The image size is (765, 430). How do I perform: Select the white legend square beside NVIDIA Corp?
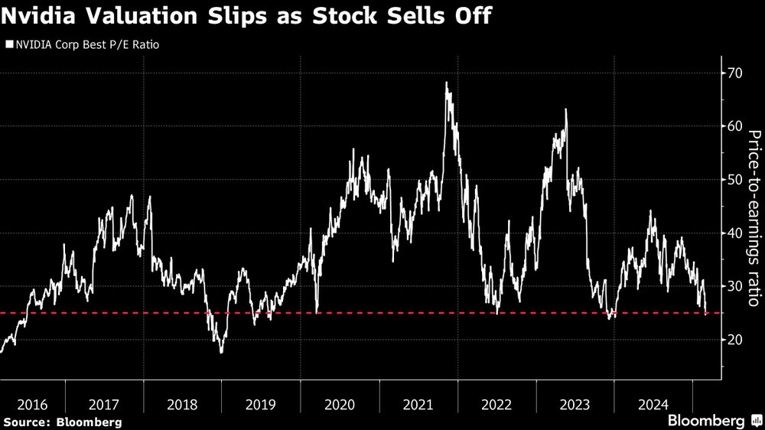8,44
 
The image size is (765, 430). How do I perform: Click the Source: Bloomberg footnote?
62,422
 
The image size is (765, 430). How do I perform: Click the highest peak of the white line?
446,83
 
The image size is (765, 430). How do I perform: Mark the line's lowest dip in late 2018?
221,352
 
